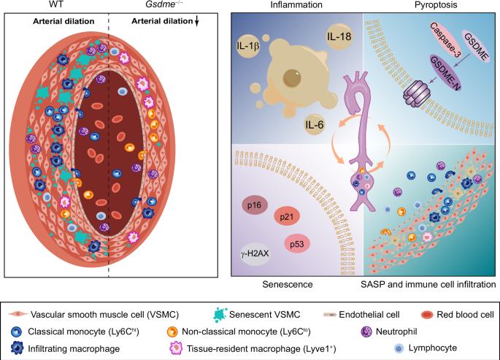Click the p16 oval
[x=255, y=207]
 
